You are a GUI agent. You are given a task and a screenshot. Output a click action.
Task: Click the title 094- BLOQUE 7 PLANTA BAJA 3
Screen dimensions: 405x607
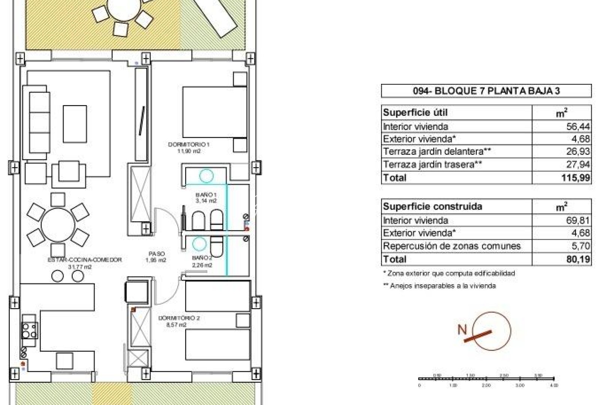(x=486, y=91)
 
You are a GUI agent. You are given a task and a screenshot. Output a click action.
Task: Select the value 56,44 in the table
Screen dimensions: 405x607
(x=578, y=126)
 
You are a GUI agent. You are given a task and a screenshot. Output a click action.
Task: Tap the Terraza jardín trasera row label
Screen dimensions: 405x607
(x=432, y=164)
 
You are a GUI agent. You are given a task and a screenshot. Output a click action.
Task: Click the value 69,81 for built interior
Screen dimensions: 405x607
(x=578, y=220)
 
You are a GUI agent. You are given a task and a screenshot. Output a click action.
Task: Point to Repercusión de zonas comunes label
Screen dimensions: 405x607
(x=452, y=246)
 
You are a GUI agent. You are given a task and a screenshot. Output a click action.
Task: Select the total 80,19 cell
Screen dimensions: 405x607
(x=578, y=259)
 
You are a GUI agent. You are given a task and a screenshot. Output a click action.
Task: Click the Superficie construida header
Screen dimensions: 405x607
(x=432, y=207)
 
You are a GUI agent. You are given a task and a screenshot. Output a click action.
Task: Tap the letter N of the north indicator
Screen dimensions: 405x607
(x=462, y=330)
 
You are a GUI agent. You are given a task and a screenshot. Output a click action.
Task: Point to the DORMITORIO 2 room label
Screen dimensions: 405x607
(x=179, y=318)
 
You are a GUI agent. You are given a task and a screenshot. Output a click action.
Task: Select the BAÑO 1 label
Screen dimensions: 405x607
(x=206, y=195)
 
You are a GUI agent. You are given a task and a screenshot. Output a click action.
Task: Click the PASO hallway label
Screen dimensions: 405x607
(x=156, y=254)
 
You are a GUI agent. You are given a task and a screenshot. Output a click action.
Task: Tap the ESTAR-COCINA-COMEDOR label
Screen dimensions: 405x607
(x=85, y=259)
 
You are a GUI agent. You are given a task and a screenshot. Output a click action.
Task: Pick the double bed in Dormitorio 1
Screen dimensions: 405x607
(x=214, y=112)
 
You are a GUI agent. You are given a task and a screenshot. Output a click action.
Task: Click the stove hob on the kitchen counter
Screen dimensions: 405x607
(x=29, y=330)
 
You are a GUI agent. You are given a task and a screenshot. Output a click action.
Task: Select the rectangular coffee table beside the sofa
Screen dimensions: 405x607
(x=75, y=124)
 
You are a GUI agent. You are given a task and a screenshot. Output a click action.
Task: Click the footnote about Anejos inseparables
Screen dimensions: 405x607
(x=439, y=286)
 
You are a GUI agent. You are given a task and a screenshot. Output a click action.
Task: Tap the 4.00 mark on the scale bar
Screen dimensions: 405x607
(x=554, y=385)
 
